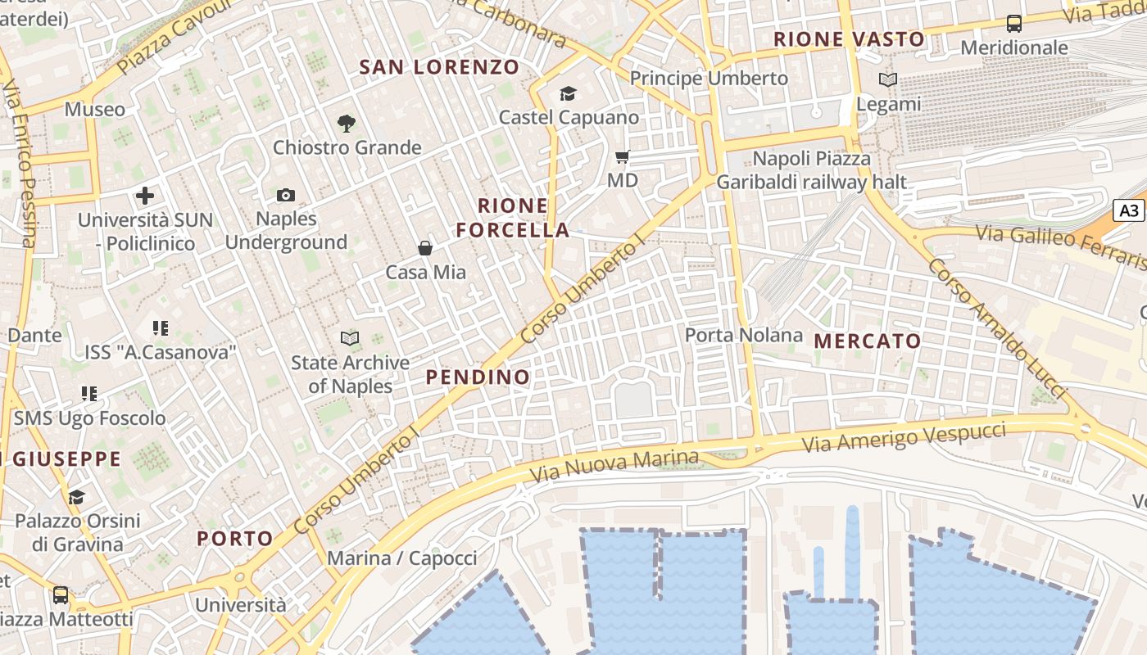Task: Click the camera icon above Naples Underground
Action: click(285, 195)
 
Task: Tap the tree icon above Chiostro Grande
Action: click(347, 124)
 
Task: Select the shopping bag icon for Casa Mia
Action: click(425, 247)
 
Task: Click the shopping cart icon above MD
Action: click(623, 156)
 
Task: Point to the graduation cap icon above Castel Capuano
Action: click(569, 93)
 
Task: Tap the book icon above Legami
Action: click(888, 80)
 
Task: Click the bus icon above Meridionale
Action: click(1014, 23)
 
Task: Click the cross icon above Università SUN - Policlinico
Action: click(145, 196)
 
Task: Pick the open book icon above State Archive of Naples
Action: click(350, 338)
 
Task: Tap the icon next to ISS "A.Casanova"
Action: click(161, 328)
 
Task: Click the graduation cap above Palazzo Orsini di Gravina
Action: click(77, 497)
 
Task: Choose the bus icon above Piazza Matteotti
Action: click(61, 594)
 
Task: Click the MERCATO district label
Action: click(868, 341)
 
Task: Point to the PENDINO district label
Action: click(478, 377)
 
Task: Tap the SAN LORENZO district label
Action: click(439, 67)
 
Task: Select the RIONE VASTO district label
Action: click(849, 38)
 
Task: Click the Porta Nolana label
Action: click(744, 335)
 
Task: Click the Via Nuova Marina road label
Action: click(615, 465)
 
